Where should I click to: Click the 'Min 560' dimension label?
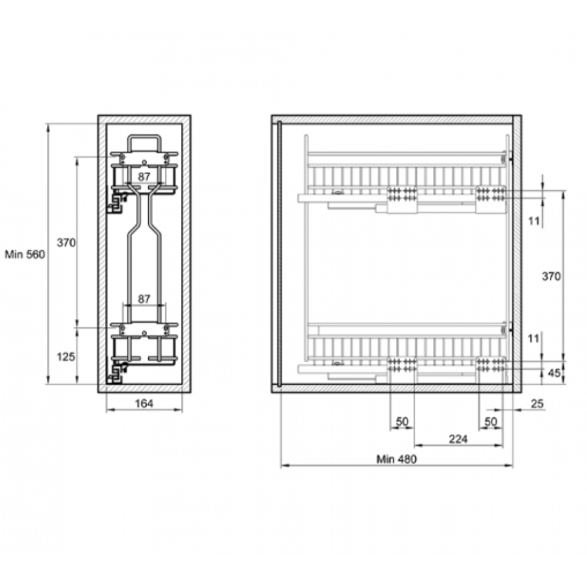click(x=25, y=255)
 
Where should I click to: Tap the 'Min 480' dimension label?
click(x=396, y=459)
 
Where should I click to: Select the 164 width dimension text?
click(x=144, y=404)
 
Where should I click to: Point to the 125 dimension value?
click(x=66, y=357)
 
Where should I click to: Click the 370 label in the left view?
click(x=66, y=242)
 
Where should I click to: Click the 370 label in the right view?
click(x=551, y=276)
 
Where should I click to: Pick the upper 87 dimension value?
click(x=144, y=176)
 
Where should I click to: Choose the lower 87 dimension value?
click(x=144, y=299)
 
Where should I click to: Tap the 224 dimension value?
click(x=458, y=438)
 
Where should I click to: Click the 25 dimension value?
click(x=537, y=404)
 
